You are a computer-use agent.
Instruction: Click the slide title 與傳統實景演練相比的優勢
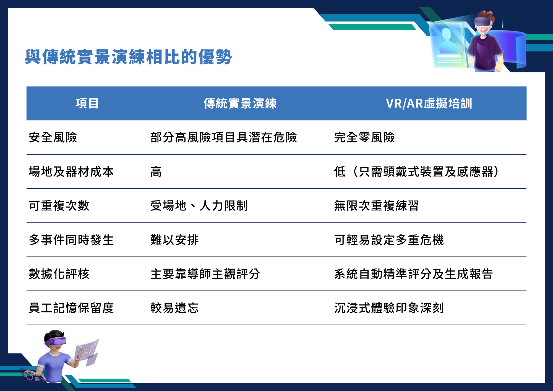click(128, 57)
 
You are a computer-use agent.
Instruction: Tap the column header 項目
click(87, 103)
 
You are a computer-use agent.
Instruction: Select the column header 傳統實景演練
click(240, 103)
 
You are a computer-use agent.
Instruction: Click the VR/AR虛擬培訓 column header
click(429, 103)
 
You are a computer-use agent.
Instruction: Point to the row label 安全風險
click(53, 137)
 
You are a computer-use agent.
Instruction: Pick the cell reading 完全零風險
click(364, 137)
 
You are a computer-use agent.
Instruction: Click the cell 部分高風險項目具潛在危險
click(223, 137)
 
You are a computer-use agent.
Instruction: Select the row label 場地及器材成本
click(71, 171)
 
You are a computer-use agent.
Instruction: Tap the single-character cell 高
click(156, 171)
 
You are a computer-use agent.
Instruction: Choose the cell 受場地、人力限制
click(199, 206)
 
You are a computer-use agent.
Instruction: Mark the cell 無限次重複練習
click(376, 206)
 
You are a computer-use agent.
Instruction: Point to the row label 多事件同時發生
click(71, 240)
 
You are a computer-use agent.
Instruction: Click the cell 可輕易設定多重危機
click(389, 240)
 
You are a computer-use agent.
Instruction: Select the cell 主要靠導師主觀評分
click(205, 274)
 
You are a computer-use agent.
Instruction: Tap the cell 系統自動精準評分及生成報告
click(413, 274)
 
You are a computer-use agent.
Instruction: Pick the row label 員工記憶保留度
click(71, 308)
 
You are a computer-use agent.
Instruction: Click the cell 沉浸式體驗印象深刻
click(389, 308)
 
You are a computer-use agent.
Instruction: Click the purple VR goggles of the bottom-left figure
click(58, 341)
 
